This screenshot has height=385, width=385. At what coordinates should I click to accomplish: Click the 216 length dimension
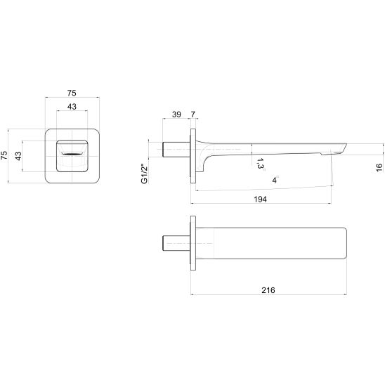268,290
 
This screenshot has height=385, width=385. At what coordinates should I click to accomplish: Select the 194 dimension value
260,199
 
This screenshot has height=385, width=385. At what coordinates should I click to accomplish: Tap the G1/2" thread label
145,174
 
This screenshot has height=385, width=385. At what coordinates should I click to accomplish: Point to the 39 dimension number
176,115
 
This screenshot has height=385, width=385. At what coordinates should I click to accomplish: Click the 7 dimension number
193,115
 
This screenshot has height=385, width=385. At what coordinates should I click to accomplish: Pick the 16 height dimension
379,167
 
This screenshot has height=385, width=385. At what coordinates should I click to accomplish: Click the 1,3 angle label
260,164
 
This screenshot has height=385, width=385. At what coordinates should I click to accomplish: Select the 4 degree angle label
275,180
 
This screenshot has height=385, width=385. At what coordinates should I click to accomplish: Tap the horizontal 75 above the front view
72,93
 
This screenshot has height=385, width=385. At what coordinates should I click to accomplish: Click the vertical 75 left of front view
4,155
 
